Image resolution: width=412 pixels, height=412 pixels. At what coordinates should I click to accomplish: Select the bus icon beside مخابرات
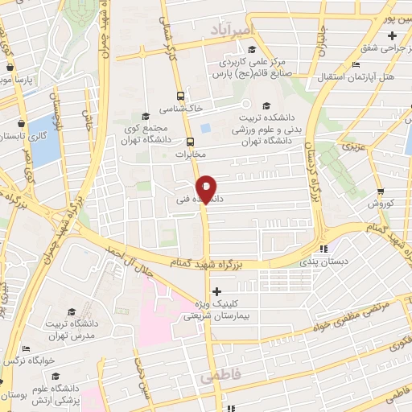click(x=190, y=142)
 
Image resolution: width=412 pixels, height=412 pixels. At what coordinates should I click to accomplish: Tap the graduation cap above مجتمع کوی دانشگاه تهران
click(x=145, y=116)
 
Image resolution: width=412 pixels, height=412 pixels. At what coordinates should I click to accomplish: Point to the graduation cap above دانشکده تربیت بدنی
click(x=266, y=104)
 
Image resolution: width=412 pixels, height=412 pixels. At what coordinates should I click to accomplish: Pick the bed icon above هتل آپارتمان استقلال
click(x=356, y=65)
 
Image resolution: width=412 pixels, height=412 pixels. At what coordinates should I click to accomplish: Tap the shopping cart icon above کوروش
click(x=379, y=192)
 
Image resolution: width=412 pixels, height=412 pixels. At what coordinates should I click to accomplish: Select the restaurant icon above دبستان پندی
click(x=323, y=249)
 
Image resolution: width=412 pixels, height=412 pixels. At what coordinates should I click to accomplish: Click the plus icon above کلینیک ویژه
click(x=215, y=291)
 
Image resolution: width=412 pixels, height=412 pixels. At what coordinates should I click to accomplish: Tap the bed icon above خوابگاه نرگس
click(x=27, y=348)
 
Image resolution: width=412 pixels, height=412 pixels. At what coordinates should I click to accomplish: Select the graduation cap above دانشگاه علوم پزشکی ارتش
click(x=54, y=375)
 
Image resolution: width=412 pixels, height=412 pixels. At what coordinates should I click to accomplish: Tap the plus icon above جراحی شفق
click(x=391, y=35)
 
